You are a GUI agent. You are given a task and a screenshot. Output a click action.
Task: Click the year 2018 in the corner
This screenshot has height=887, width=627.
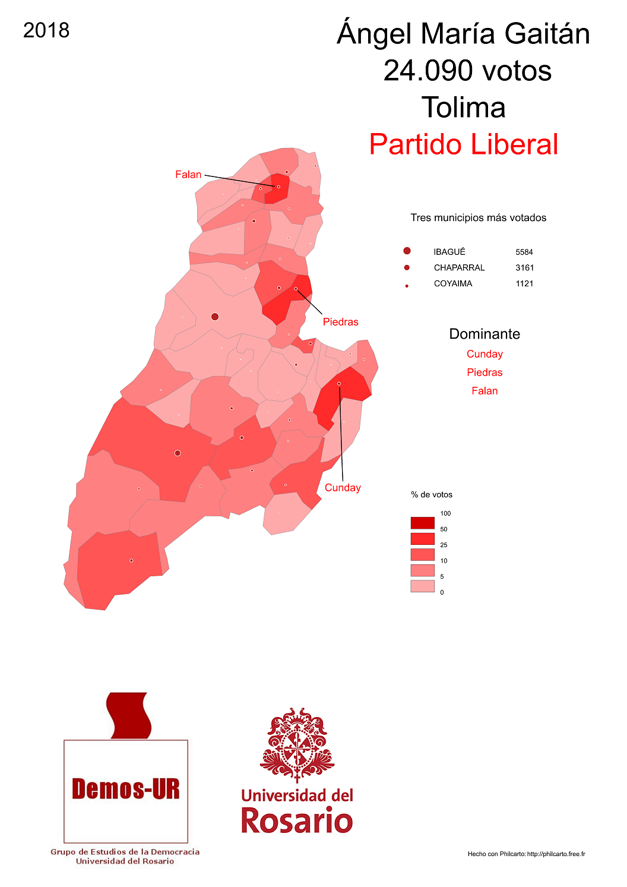pos(46,30)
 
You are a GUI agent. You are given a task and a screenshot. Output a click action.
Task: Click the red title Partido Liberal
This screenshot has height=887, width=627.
pos(463,144)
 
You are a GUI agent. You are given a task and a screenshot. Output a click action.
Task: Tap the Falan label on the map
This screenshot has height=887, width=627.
pos(188,175)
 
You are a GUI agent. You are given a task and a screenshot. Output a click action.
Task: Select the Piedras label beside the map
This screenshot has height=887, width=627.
pos(340,322)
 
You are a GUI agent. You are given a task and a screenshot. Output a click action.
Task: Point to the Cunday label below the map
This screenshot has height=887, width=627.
pos(343,488)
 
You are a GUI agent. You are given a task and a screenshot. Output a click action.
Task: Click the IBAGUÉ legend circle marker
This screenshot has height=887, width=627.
pos(407,251)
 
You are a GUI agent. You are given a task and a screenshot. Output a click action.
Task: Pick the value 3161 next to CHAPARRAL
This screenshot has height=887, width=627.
pos(524,268)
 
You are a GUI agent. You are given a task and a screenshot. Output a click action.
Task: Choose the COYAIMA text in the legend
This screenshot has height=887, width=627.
pos(453,284)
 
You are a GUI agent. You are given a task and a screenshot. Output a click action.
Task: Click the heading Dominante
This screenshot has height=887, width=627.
pos(484,334)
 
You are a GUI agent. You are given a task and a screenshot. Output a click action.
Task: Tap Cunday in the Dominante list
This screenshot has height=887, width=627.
pos(484,354)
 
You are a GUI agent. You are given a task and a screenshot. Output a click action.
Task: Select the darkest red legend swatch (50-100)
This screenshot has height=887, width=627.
pos(422,523)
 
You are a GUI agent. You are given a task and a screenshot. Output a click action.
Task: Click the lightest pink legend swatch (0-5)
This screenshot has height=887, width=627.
pos(422,586)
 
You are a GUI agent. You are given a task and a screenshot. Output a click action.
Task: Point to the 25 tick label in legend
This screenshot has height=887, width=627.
pos(444,545)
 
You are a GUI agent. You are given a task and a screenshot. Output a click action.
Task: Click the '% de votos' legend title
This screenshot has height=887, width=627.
pos(432,495)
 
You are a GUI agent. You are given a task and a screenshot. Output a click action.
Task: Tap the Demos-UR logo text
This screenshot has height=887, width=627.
pos(125,789)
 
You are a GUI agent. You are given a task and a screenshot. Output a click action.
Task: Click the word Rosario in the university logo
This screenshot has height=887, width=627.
pos(297,820)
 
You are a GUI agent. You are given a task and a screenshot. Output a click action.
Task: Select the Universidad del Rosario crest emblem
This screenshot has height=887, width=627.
pos(297,743)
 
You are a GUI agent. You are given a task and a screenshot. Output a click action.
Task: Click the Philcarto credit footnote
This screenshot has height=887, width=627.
pos(526,854)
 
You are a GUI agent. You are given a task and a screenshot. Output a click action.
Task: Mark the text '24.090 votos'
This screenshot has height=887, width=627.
pos(467,71)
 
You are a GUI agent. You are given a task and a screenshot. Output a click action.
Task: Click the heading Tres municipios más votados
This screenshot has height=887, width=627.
pos(478,218)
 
